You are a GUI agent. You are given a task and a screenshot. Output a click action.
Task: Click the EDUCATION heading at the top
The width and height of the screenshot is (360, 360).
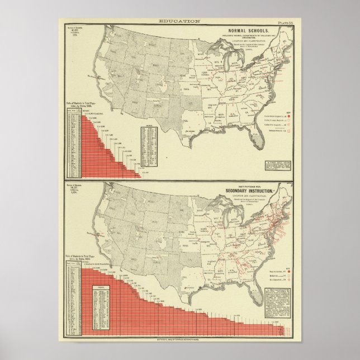[179, 21]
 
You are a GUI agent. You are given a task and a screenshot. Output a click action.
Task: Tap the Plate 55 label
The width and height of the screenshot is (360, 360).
[291, 21]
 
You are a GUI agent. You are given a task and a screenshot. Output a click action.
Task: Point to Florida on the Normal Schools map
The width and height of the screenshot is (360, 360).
[254, 137]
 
